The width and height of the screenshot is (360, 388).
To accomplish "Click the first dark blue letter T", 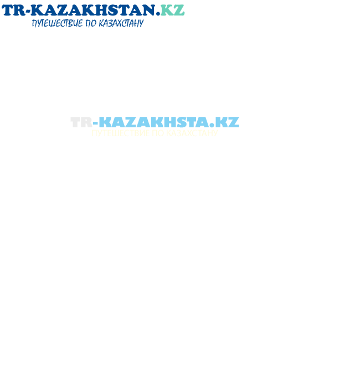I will click(x=7, y=10).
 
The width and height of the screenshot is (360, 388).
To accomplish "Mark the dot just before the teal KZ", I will click(x=158, y=14).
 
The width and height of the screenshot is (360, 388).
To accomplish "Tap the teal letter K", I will click(x=167, y=10).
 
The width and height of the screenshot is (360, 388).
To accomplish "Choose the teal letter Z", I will click(x=179, y=10).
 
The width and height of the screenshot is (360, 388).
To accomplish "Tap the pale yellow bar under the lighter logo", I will click(x=155, y=133).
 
